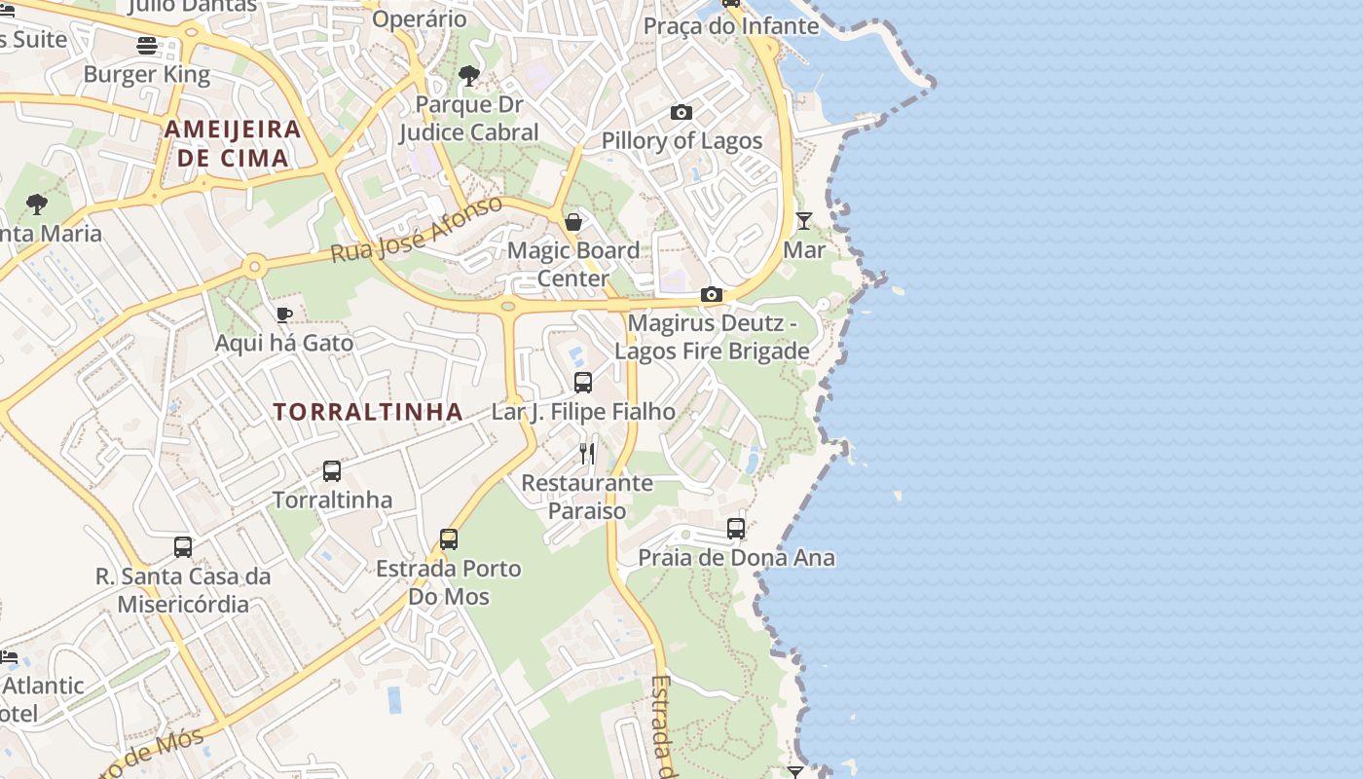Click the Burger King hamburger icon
pos(147,45)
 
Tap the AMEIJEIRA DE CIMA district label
pos(233,143)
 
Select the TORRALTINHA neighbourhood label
pos(368,412)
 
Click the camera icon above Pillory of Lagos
pos(681,113)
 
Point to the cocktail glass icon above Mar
pos(804,221)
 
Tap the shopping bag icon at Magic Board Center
pos(573,222)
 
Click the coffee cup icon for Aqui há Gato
pos(283,315)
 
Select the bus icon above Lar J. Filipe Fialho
pos(583,383)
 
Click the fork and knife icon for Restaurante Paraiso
pos(587,453)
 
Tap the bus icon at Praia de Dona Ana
pos(736,529)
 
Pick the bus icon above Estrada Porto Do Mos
pos(449,538)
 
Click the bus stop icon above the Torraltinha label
pos(332,471)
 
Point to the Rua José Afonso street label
pos(417,230)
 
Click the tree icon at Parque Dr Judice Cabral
pos(469,76)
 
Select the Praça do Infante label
pos(731,26)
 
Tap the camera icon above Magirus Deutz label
pos(712,294)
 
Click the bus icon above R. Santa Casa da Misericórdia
pos(183,546)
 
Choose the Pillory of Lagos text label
pos(681,140)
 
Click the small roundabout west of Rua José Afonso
pos(255,265)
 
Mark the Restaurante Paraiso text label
pos(587,497)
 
